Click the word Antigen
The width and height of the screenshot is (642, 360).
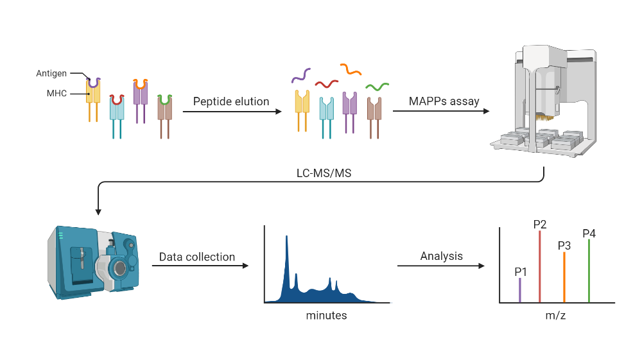point(51,74)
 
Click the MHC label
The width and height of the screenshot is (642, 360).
point(56,94)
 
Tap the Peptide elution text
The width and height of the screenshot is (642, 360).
point(232,101)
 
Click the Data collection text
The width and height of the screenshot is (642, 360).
point(197,257)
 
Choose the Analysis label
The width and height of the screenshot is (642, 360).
point(441,256)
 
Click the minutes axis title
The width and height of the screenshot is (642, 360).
point(326,315)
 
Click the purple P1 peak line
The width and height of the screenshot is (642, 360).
point(520,290)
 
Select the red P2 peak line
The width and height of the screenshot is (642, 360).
point(540,266)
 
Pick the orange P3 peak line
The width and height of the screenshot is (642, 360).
point(564,277)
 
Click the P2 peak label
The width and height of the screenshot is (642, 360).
point(540,224)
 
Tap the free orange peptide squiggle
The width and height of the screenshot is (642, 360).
point(351,68)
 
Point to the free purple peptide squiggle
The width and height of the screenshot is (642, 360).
point(301,75)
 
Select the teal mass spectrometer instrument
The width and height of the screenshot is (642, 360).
point(93,260)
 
